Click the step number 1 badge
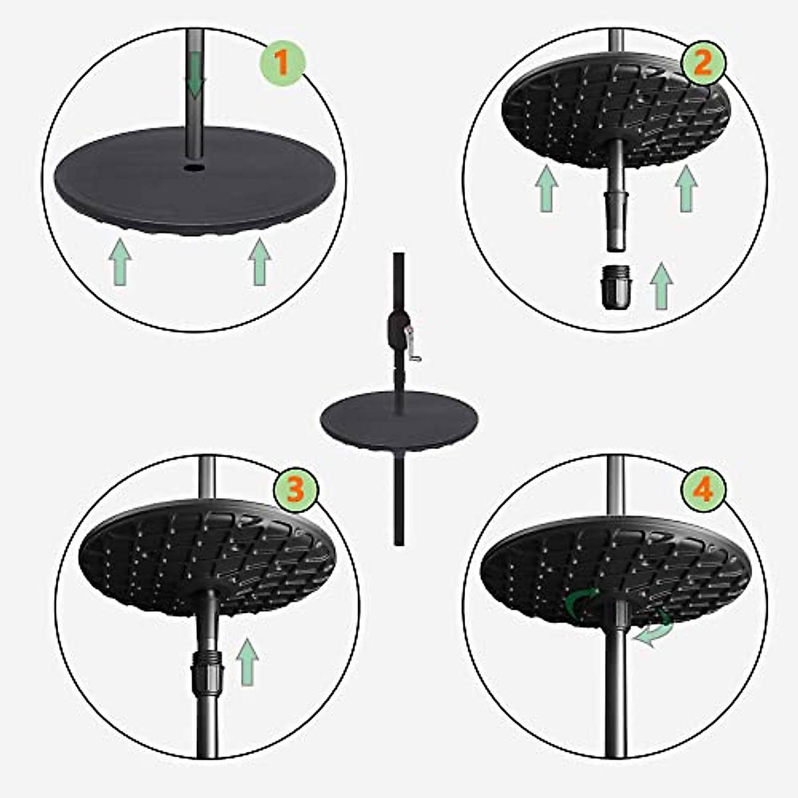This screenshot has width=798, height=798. [281, 65]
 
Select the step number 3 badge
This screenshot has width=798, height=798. [295, 490]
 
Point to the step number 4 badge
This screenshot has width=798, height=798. [703, 490]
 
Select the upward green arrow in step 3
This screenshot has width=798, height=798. [247, 662]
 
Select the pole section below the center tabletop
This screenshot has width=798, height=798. [399, 499]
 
